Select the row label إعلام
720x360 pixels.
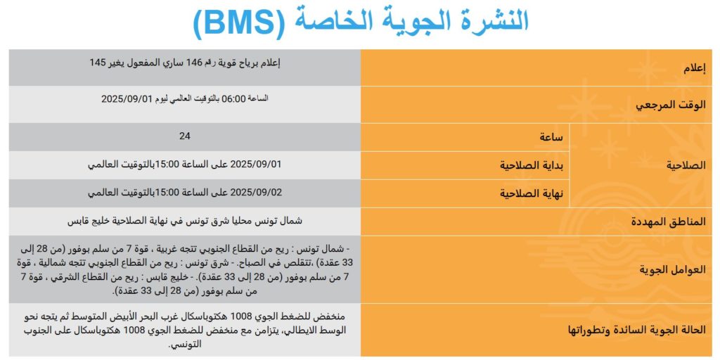[694, 68]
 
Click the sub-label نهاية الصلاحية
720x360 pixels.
[535, 193]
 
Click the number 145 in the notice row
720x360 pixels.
[98, 63]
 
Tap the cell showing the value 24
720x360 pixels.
[185, 136]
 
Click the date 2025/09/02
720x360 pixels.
[256, 192]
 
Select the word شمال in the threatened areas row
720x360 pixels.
[290, 221]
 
